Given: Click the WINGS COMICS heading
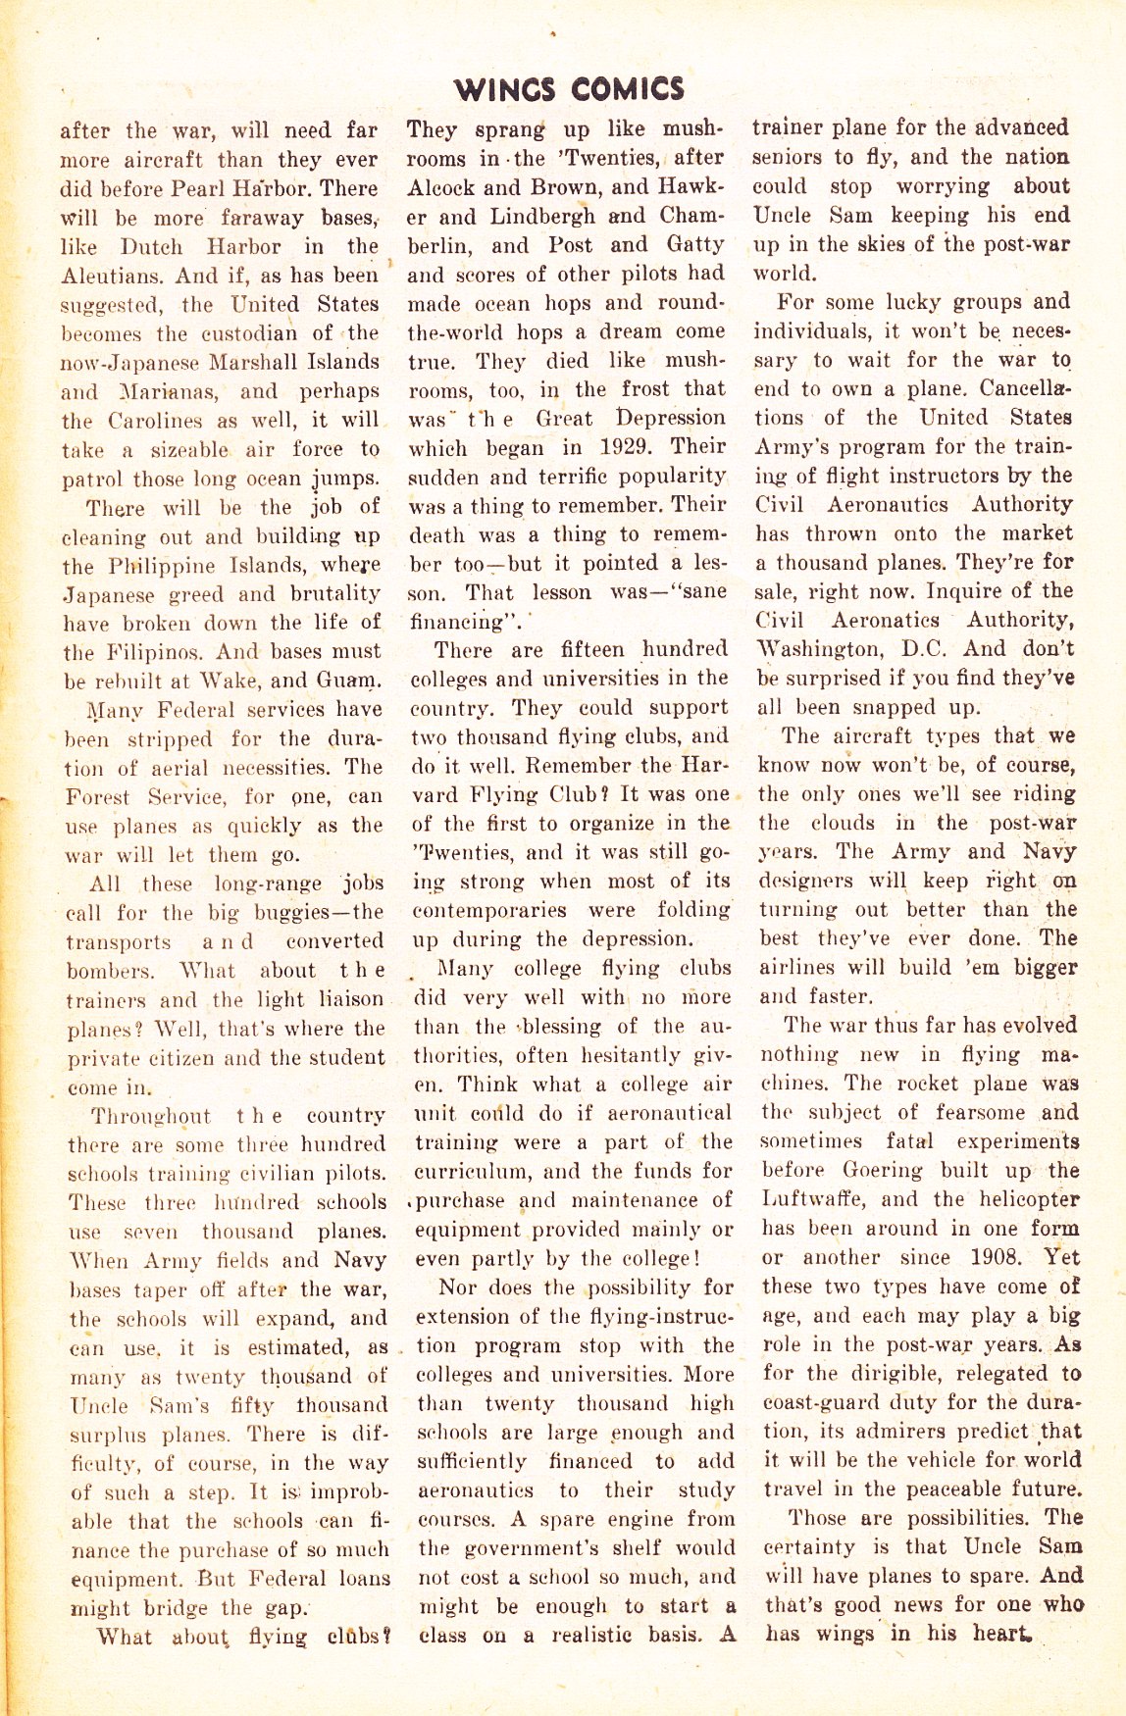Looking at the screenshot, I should point(569,90).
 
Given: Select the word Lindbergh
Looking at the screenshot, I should point(542,216).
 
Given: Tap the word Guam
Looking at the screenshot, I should point(348,681).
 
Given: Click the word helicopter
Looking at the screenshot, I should point(1027,1199).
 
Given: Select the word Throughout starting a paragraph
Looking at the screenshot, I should point(151,1116).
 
